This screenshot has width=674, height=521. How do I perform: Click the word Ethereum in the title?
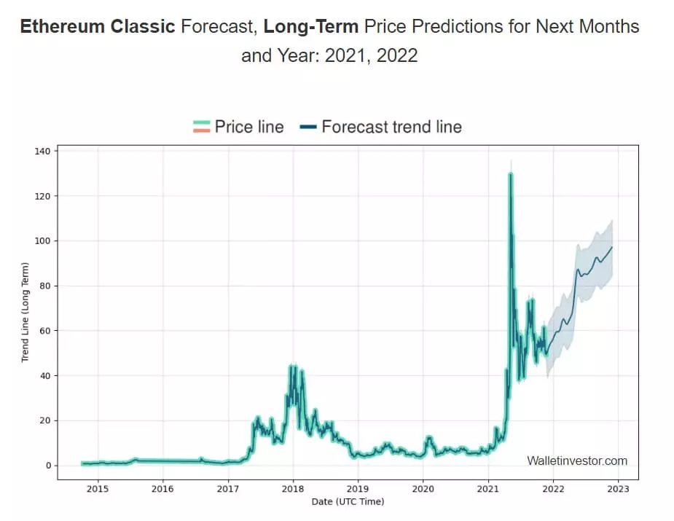[60, 27]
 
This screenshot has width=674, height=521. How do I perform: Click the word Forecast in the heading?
[219, 27]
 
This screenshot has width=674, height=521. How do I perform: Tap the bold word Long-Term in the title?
[310, 27]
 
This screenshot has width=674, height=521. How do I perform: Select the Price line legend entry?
[238, 127]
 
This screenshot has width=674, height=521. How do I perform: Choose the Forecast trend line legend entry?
[380, 127]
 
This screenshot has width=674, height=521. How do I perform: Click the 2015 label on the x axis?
[98, 488]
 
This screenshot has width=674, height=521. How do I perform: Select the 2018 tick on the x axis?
[293, 488]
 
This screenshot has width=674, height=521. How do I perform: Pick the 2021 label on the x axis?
[488, 488]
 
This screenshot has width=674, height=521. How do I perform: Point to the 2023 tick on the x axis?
[619, 488]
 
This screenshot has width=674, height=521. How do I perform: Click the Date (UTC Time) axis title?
[348, 501]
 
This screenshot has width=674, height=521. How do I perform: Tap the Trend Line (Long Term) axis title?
[25, 313]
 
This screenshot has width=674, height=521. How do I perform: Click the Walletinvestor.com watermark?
[576, 461]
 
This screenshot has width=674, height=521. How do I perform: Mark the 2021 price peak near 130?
[511, 174]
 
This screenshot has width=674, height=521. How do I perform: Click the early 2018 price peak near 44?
[293, 367]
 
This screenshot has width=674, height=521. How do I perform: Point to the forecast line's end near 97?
[612, 247]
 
